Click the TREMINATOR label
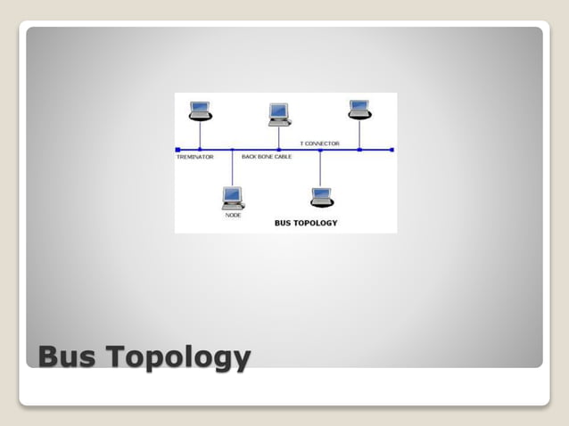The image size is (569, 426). [195, 157]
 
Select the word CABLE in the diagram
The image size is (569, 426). [282, 157]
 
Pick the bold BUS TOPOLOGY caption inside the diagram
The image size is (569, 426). [306, 223]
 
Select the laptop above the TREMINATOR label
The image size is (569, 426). [200, 111]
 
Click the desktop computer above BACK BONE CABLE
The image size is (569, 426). [279, 115]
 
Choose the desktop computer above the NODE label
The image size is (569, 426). [232, 197]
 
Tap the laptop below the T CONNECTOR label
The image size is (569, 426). [321, 197]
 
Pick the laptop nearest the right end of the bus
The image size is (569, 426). [359, 110]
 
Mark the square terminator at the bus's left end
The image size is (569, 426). [178, 150]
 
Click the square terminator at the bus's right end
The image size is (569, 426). [392, 150]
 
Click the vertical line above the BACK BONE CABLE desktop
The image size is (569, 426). [279, 138]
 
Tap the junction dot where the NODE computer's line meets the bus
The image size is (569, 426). [232, 150]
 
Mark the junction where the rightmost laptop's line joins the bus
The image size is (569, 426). [359, 150]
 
